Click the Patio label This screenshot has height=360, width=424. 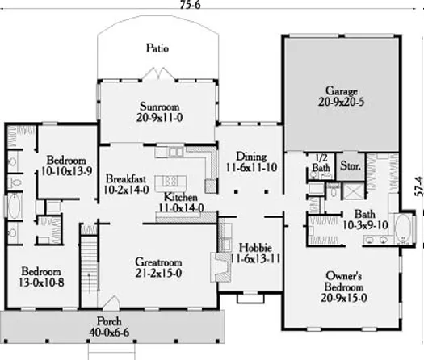(x=157, y=48)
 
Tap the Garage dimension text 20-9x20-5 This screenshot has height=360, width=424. (x=342, y=102)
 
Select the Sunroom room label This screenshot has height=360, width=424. (x=160, y=107)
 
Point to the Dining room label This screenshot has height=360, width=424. (x=251, y=157)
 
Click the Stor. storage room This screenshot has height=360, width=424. (x=351, y=166)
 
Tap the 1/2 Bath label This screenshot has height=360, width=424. (x=321, y=163)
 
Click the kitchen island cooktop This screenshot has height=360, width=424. (x=171, y=180)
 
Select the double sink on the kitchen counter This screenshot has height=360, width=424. (x=176, y=152)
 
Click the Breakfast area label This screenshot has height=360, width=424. (x=126, y=178)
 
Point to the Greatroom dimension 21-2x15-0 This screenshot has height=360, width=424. (x=158, y=274)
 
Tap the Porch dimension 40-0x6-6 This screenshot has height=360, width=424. (x=109, y=333)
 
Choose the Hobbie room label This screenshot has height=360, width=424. (x=255, y=248)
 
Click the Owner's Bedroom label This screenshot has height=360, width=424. (x=344, y=282)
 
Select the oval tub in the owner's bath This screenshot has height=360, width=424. (x=403, y=228)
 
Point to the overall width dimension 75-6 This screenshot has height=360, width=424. (x=191, y=5)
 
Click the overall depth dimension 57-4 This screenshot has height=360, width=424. (x=418, y=186)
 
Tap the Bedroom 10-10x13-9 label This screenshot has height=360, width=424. (x=66, y=165)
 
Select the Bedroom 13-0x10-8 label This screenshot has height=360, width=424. (x=41, y=277)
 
